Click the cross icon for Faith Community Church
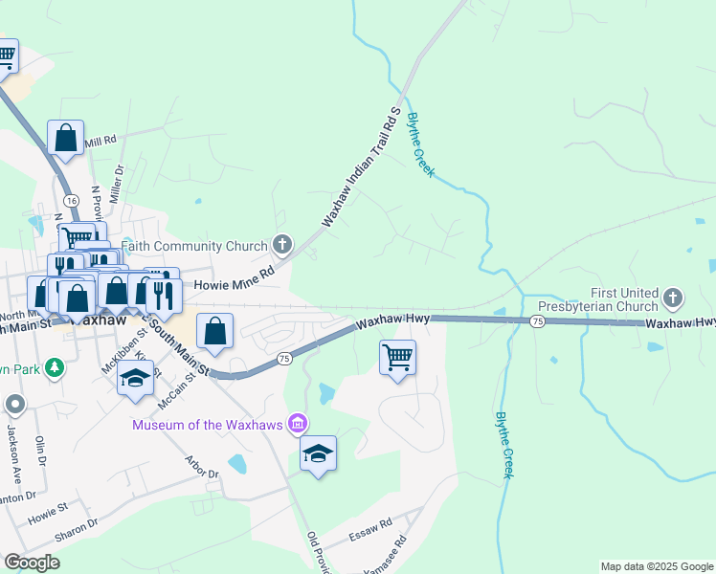point(281,246)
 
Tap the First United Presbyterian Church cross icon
point(673,299)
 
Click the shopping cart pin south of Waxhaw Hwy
point(397,359)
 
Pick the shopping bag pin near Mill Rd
point(65,138)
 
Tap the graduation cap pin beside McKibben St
point(135,377)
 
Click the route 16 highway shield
point(71,199)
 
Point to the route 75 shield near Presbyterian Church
point(538,322)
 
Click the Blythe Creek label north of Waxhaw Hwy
point(420,145)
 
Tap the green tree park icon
point(56,367)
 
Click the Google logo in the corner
point(32,562)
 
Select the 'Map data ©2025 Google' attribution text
point(657,566)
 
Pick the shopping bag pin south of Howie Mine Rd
point(215,332)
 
